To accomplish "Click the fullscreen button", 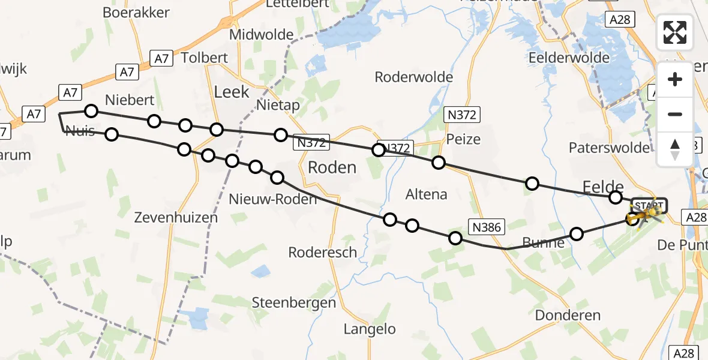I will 675,32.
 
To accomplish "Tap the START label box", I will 648,205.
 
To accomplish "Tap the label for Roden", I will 332,167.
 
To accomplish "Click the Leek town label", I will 232,92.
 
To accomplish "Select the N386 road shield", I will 487,226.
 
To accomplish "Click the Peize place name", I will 464,139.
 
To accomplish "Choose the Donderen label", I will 567,315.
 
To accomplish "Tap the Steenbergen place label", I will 293,302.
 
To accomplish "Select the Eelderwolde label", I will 569,58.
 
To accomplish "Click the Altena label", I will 426,194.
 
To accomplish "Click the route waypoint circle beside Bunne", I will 576,233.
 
